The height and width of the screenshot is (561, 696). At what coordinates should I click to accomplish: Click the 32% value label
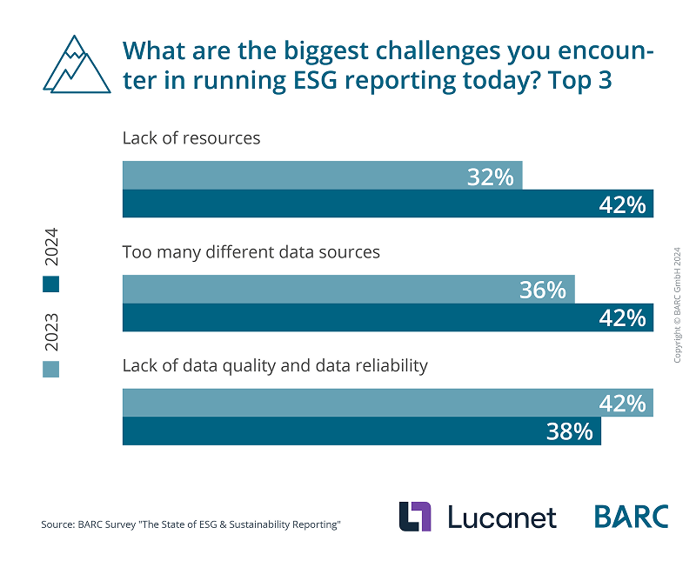click(491, 177)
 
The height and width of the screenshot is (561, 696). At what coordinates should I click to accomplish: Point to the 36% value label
click(543, 291)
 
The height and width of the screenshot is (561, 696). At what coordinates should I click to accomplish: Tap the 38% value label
click(569, 431)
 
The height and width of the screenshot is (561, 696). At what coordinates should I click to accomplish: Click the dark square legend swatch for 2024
click(51, 284)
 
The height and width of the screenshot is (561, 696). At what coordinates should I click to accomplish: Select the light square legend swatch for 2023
click(51, 370)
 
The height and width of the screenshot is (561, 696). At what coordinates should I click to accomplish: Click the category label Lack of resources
click(191, 138)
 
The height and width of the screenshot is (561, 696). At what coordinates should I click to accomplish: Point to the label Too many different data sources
click(251, 252)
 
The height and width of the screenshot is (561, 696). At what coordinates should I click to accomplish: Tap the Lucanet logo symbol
click(415, 516)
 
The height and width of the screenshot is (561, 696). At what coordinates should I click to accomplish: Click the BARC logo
click(632, 516)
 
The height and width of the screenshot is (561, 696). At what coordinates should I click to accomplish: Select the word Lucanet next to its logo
click(502, 517)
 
